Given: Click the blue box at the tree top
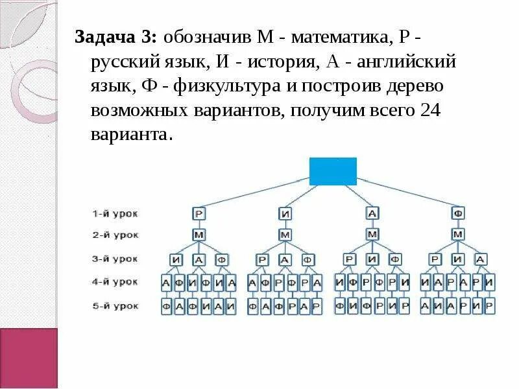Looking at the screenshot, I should tap(333, 171).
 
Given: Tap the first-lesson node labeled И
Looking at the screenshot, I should tap(285, 213).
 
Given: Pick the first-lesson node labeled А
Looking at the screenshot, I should tap(372, 213).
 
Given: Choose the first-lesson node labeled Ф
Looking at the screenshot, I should tap(459, 213).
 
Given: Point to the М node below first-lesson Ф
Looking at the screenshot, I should tap(459, 234).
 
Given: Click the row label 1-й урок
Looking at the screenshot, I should tap(114, 213).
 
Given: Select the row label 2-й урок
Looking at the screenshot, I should tap(114, 235).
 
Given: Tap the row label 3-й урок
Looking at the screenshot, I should tap(114, 259).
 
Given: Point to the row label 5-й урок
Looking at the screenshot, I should tap(114, 305).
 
